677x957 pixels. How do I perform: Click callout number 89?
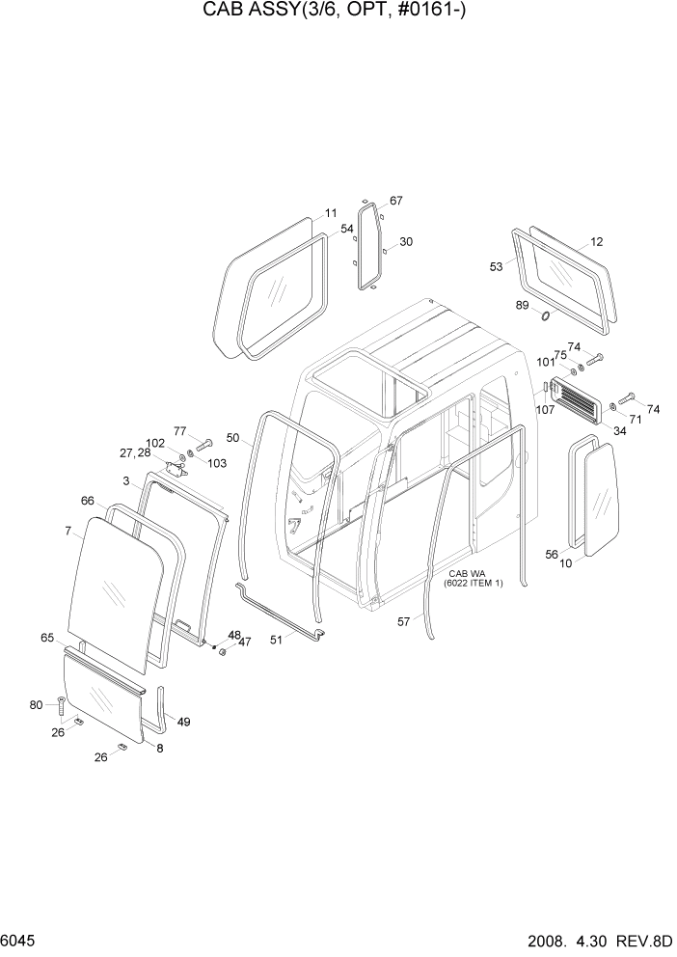pos(522,306)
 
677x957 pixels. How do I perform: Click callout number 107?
pos(546,408)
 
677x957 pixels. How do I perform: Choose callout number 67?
pos(395,201)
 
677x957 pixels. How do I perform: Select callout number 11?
pos(331,213)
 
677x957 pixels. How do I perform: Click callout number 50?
pos(232,438)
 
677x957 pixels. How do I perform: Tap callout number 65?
pos(46,638)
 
